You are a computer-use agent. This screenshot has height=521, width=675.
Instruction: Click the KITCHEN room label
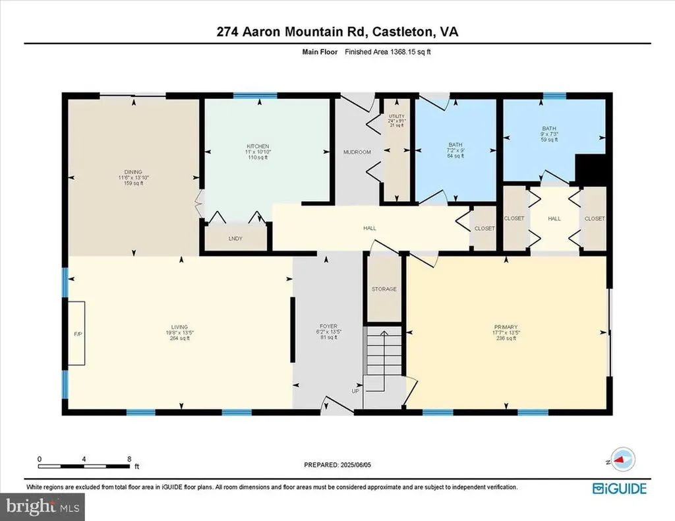tap(258, 146)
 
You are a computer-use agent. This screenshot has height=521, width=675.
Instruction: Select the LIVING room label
tap(179, 327)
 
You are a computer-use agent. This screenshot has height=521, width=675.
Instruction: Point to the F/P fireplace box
tap(76, 333)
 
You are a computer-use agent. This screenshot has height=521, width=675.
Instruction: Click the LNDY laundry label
tap(236, 239)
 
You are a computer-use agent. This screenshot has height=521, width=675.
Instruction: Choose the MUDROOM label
tap(357, 152)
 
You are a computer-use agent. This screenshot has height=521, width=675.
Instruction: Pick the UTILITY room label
tap(396, 117)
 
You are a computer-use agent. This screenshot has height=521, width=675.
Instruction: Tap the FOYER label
tap(328, 326)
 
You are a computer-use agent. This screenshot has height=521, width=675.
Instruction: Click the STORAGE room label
tap(384, 289)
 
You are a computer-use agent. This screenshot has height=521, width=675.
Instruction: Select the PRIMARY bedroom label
tap(506, 327)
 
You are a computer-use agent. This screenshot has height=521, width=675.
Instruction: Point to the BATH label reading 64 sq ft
tap(455, 145)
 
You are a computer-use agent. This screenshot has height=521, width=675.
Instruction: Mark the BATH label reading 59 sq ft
tap(549, 129)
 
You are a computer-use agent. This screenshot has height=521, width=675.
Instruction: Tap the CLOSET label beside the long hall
tap(484, 228)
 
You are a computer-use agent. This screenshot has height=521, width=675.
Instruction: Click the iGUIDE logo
tap(619, 489)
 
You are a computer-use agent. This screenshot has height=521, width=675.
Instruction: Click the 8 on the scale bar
tap(129, 458)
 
